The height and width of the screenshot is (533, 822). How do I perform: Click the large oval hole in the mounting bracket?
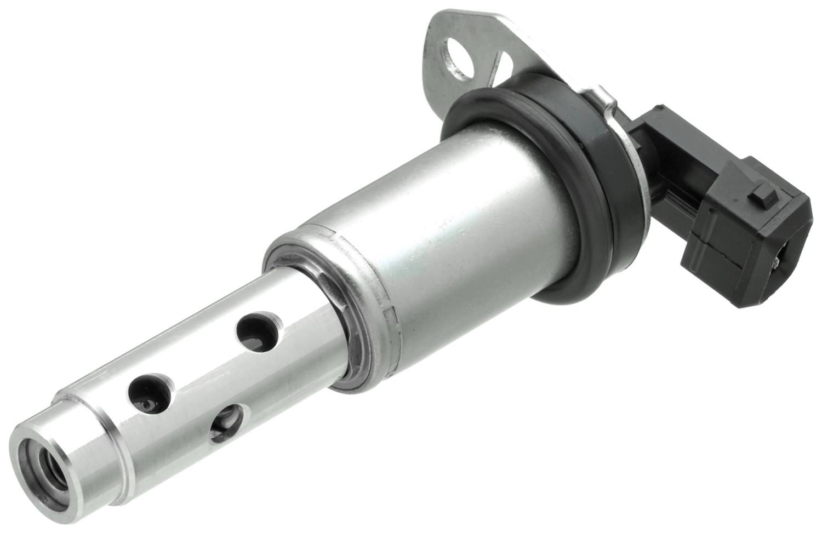(459, 59)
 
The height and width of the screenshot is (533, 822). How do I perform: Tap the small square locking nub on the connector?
(761, 192)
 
